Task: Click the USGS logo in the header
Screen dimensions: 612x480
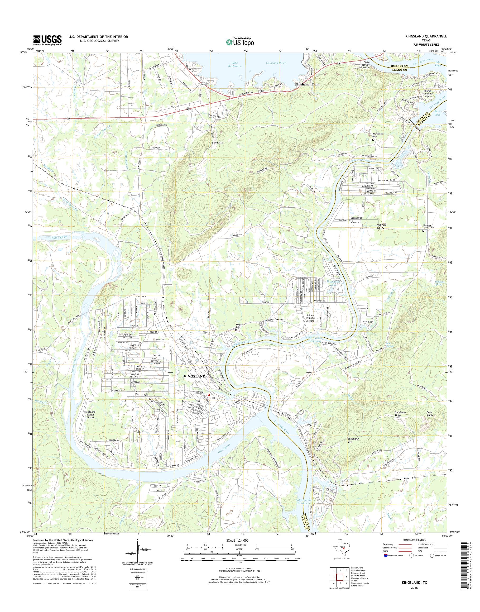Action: point(47,40)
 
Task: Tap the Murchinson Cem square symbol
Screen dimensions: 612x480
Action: point(373,140)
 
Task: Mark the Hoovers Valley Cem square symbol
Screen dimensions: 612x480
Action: point(424,231)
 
